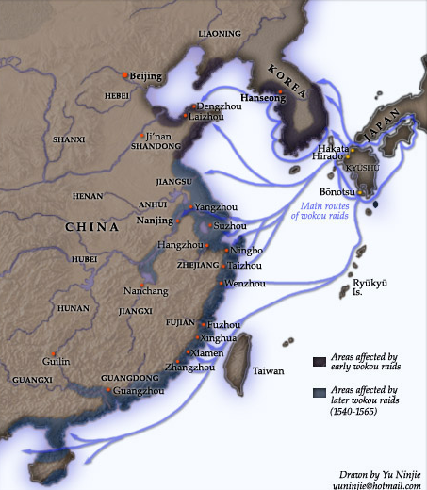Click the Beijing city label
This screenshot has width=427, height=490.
coord(146,76)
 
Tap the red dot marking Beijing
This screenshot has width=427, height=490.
coord(124,74)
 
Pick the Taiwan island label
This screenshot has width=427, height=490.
coord(268,370)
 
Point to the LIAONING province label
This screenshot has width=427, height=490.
coord(220,34)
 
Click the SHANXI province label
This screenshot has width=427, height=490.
coord(69,140)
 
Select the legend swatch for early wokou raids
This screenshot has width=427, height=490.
coord(320,360)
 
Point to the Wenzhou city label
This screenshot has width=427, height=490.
coord(244,283)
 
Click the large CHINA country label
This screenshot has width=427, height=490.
coord(91,228)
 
